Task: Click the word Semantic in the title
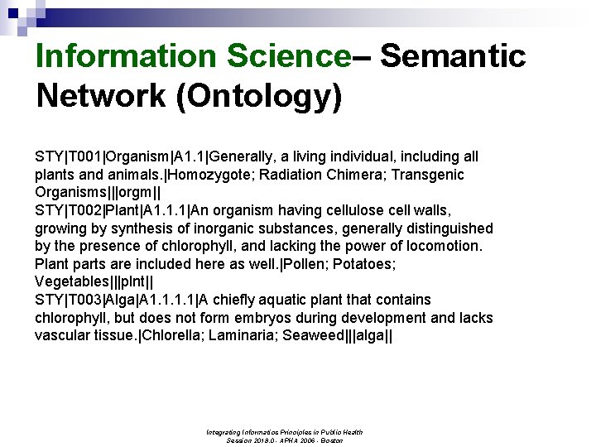point(453,56)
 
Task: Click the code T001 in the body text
point(84,156)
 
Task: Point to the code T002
point(84,210)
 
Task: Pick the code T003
point(84,300)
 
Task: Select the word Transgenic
point(428,175)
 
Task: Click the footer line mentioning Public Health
point(285,431)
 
